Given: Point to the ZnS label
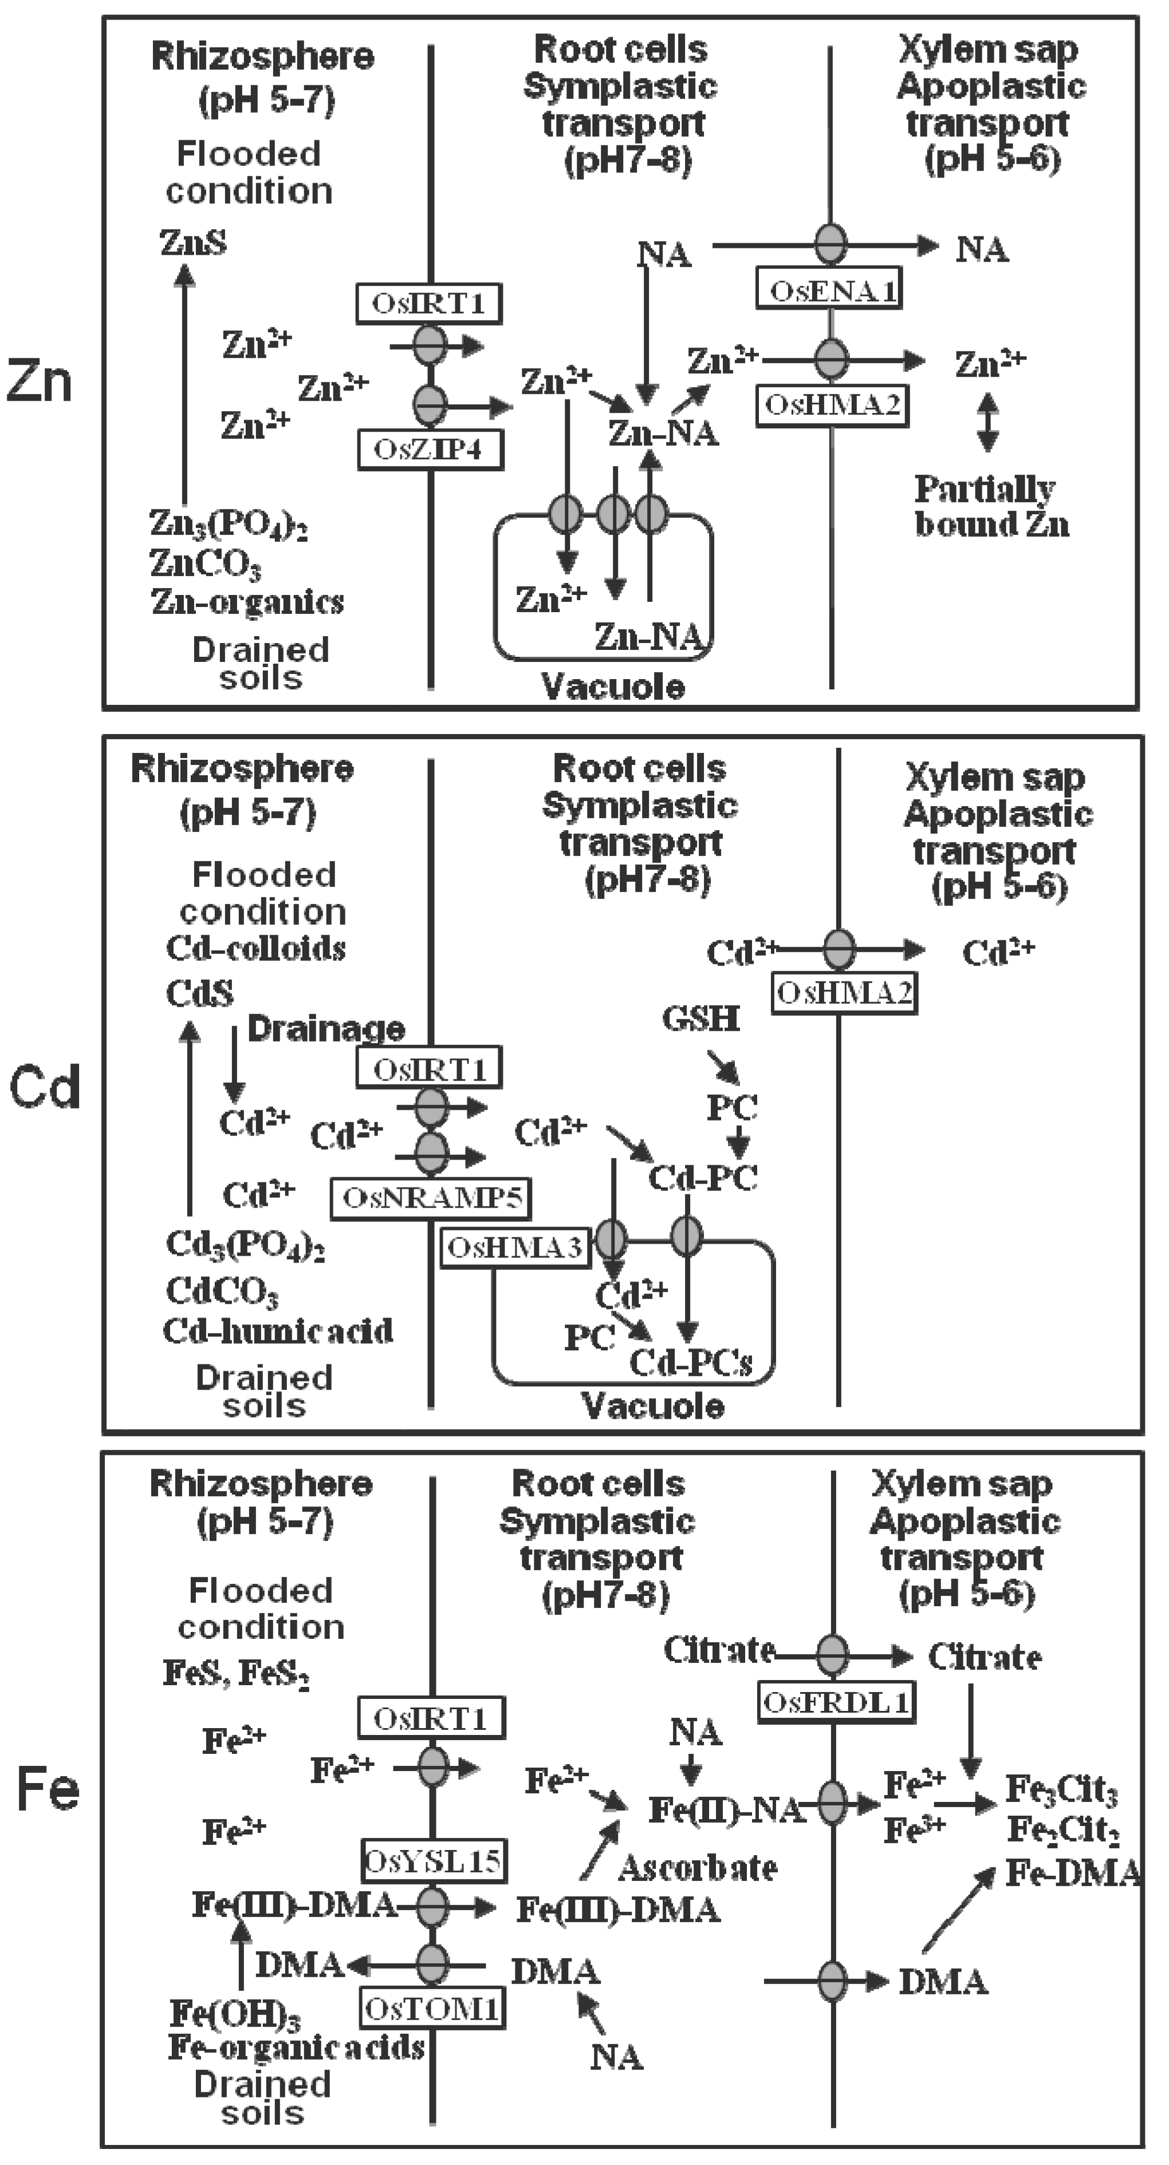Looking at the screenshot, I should point(193,243).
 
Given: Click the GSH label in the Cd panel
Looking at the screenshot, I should point(700,1019).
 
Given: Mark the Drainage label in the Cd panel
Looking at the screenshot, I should point(326,1028).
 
